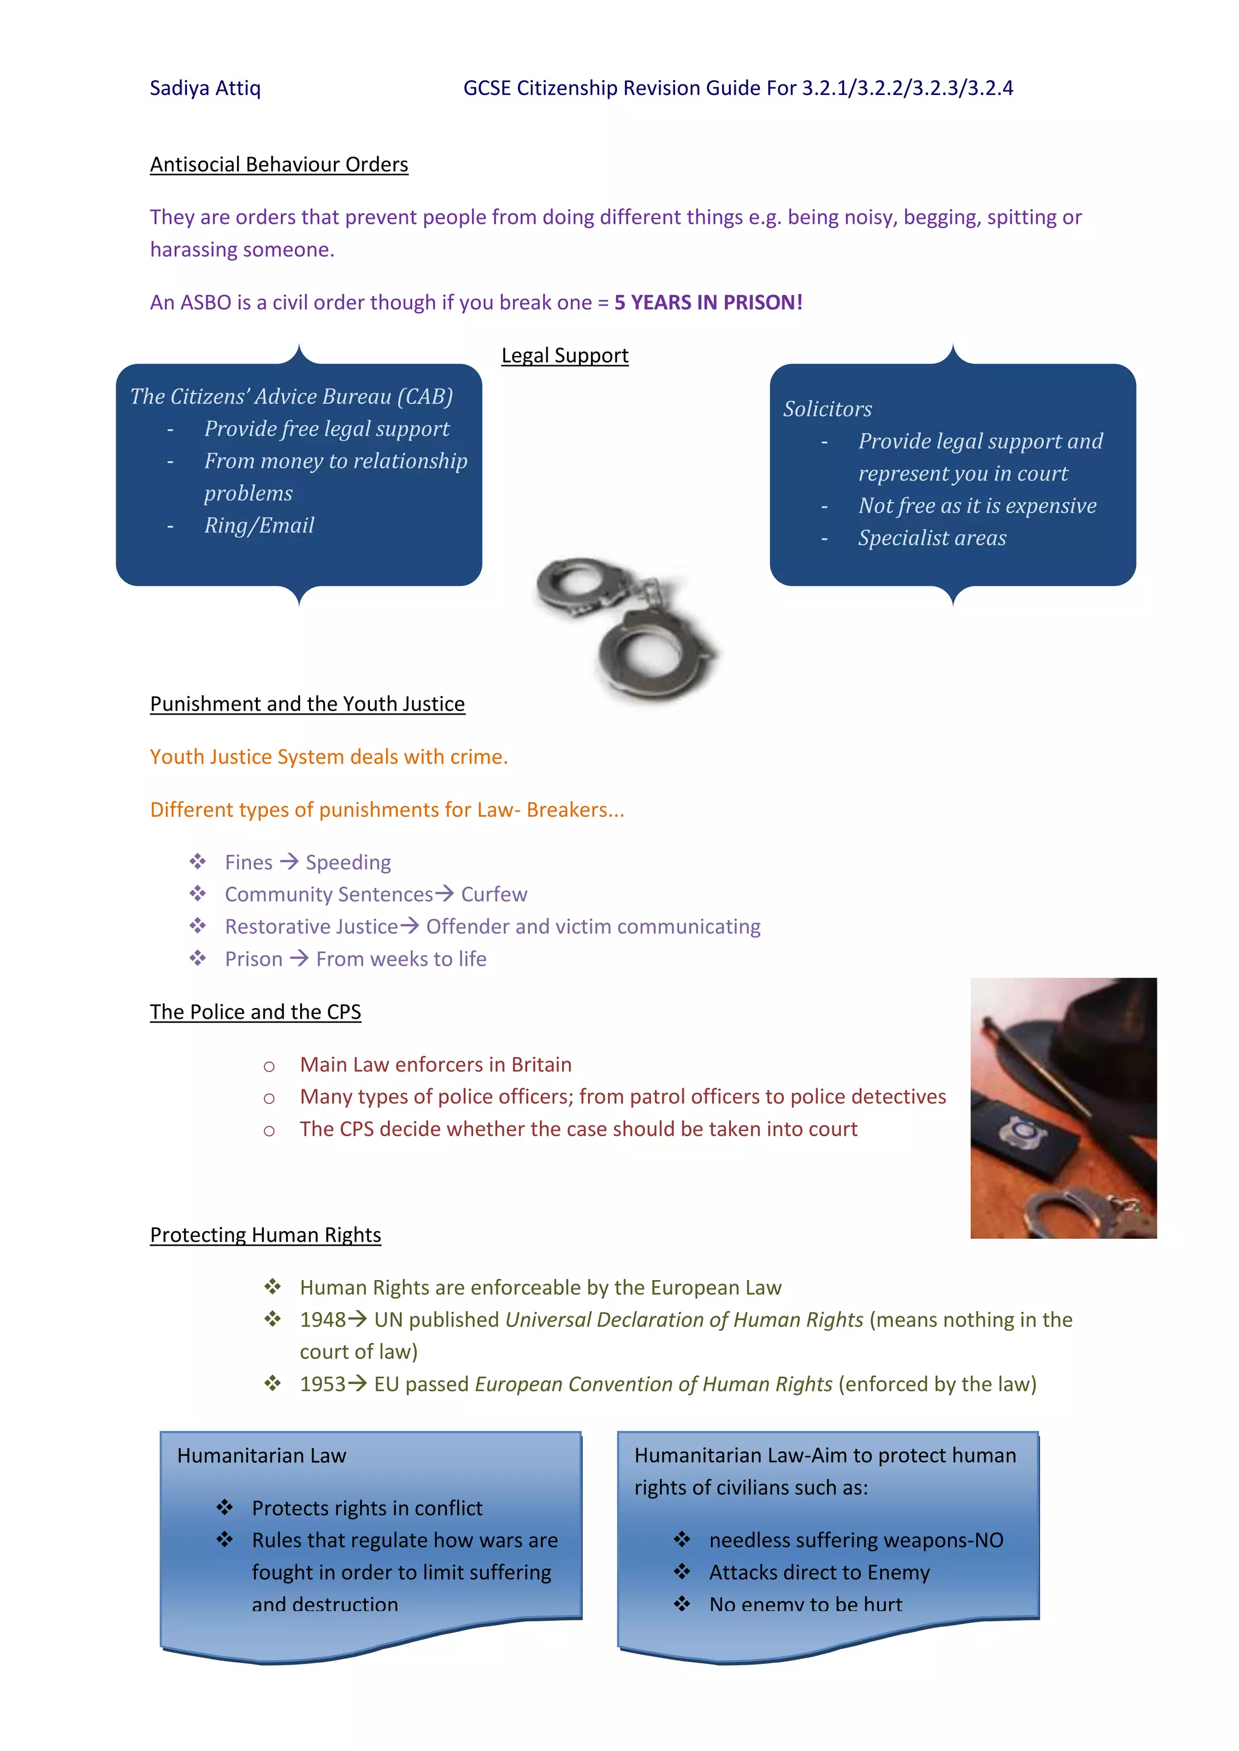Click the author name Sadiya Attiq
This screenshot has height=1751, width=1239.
click(x=204, y=88)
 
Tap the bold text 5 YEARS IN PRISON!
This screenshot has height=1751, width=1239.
click(x=708, y=303)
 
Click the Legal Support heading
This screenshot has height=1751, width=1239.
click(x=564, y=356)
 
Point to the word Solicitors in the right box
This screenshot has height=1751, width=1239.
click(x=827, y=409)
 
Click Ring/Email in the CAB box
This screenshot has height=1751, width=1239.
click(x=259, y=525)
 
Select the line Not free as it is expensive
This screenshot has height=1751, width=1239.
click(x=976, y=505)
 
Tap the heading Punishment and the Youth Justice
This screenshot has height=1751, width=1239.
click(x=307, y=704)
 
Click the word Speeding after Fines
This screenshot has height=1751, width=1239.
click(x=348, y=863)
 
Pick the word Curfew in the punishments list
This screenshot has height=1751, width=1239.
click(x=494, y=895)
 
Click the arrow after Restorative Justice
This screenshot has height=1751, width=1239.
click(x=410, y=926)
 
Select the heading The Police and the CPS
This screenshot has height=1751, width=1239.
click(x=255, y=1012)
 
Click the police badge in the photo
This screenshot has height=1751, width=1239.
click(x=1022, y=1130)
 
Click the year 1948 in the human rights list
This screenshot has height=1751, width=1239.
click(x=322, y=1320)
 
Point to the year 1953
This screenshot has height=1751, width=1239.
click(x=322, y=1384)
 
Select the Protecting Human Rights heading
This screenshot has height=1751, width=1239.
click(x=265, y=1235)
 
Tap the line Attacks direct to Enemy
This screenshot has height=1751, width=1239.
click(x=819, y=1573)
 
